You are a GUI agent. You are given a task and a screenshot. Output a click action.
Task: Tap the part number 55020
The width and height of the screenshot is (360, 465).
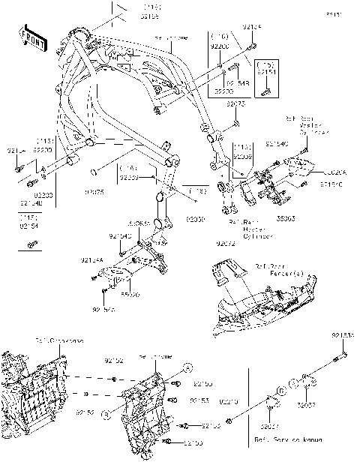[x=130, y=295]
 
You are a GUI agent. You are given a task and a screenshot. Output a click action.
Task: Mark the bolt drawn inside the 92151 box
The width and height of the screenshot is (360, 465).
[x=265, y=91]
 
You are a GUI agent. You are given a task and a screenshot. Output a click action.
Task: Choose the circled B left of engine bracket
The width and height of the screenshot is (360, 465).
[x=106, y=413]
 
